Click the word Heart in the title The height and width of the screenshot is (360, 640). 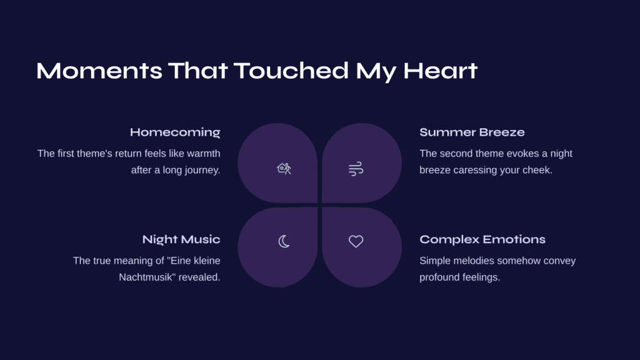pos(441,71)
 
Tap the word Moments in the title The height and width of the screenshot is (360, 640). pos(99,71)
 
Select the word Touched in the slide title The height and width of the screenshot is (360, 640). pos(291,71)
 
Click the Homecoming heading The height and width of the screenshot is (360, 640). pos(175,132)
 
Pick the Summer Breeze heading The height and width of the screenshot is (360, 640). pos(472,132)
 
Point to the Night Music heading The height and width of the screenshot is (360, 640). pos(181,239)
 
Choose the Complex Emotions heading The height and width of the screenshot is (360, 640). pos(482,239)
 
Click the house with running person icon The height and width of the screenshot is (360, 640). pos(284,169)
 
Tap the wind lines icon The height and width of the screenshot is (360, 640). pos(356,169)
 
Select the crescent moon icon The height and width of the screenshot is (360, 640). pos(284,241)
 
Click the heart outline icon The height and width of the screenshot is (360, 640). pos(356,241)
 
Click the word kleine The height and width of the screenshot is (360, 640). pos(207,261)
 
